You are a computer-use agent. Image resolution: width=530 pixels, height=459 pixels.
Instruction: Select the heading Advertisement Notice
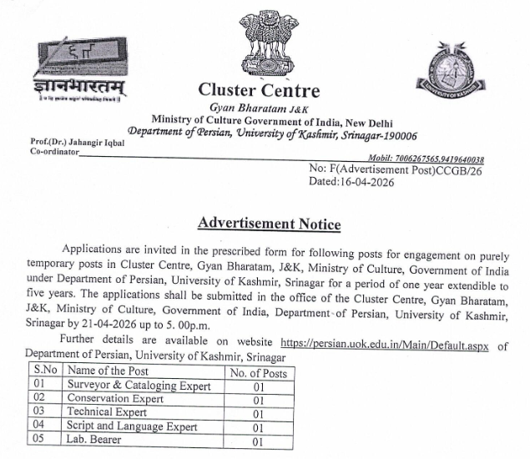269,224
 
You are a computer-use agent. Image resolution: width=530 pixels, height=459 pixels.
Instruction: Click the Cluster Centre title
259,90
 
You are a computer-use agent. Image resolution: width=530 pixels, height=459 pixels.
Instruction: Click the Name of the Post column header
108,371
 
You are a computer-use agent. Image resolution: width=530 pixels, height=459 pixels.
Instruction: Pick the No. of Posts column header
258,372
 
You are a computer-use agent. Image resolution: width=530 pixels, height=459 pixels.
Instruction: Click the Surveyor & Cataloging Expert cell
134,385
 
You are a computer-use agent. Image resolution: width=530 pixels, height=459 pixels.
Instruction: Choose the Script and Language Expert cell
133,426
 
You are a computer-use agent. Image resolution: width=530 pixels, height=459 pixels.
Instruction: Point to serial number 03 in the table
38,412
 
